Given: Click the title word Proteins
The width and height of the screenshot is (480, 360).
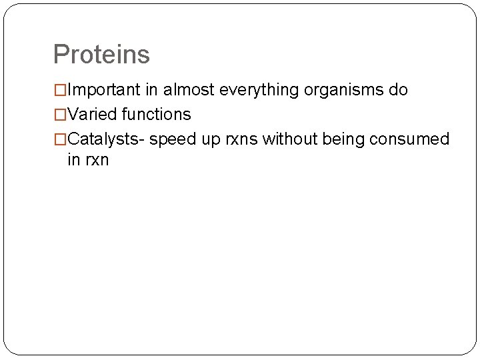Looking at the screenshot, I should point(101,55).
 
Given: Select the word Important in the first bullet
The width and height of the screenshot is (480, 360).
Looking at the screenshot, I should point(104,90).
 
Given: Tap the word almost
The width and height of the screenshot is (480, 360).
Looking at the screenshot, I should point(190,90).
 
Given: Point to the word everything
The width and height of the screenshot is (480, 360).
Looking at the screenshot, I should point(261,90).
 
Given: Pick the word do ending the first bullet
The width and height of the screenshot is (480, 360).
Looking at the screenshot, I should point(399,90).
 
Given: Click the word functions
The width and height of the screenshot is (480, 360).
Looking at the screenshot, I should point(156,115).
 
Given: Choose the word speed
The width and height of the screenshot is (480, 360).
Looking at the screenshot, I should point(172,139).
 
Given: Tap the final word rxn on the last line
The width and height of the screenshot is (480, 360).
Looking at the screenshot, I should point(96,161).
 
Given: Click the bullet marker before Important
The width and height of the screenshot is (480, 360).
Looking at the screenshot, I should point(60,90).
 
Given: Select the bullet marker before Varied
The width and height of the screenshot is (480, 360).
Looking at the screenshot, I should point(60,115).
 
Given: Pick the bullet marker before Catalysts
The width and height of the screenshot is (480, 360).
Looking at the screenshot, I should point(60,139).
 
